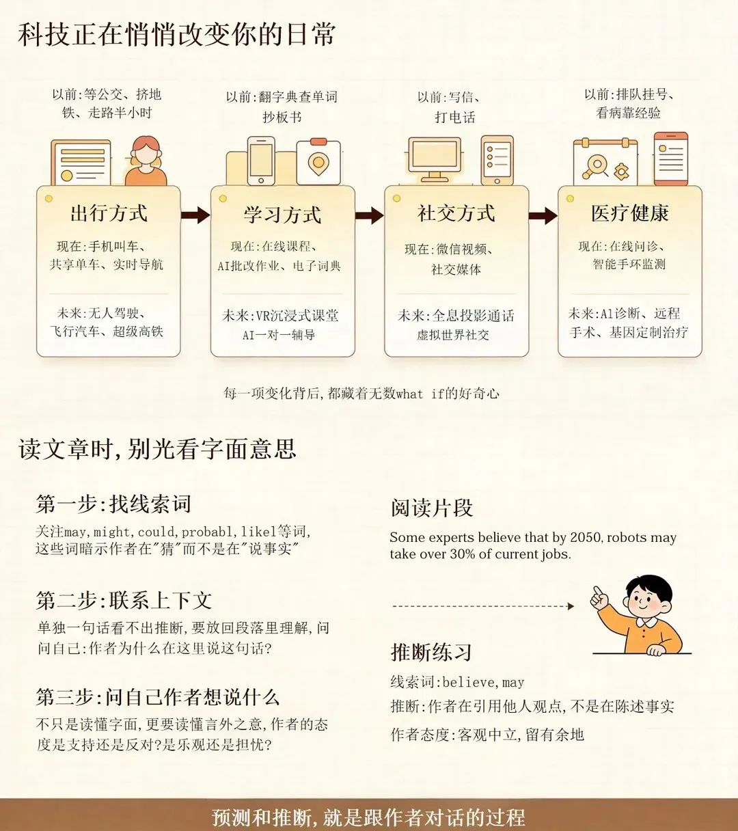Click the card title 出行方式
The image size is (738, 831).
click(109, 213)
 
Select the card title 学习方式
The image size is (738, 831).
click(282, 215)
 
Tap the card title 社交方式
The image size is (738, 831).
click(456, 213)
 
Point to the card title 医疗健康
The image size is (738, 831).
click(630, 213)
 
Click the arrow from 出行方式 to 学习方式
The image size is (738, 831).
click(195, 215)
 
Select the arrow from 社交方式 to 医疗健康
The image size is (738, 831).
click(543, 215)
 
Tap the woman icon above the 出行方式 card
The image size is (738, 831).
click(146, 161)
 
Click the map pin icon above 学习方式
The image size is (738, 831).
click(318, 163)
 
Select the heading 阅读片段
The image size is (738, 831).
click(432, 508)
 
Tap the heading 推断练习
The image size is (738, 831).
click(430, 652)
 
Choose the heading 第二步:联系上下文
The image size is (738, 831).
click(124, 600)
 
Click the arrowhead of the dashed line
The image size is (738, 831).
click(571, 605)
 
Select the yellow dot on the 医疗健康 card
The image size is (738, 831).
click(570, 199)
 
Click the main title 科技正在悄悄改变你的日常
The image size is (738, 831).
click(176, 34)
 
